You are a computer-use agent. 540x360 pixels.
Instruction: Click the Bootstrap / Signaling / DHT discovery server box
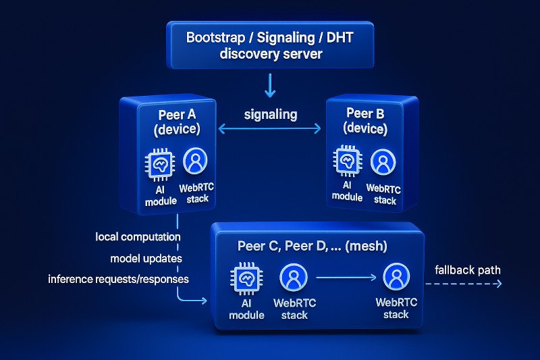pyautogui.click(x=269, y=45)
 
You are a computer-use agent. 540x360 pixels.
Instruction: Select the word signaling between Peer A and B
pyautogui.click(x=270, y=113)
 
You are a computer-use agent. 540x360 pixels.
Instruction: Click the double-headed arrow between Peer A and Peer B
pyautogui.click(x=270, y=128)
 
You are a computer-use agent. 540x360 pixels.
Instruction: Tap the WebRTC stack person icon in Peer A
pyautogui.click(x=196, y=161)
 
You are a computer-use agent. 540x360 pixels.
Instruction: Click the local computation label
pyautogui.click(x=138, y=237)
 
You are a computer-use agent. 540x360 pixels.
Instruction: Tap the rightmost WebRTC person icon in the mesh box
pyautogui.click(x=396, y=277)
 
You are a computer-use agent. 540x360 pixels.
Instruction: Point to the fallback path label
pyautogui.click(x=468, y=269)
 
